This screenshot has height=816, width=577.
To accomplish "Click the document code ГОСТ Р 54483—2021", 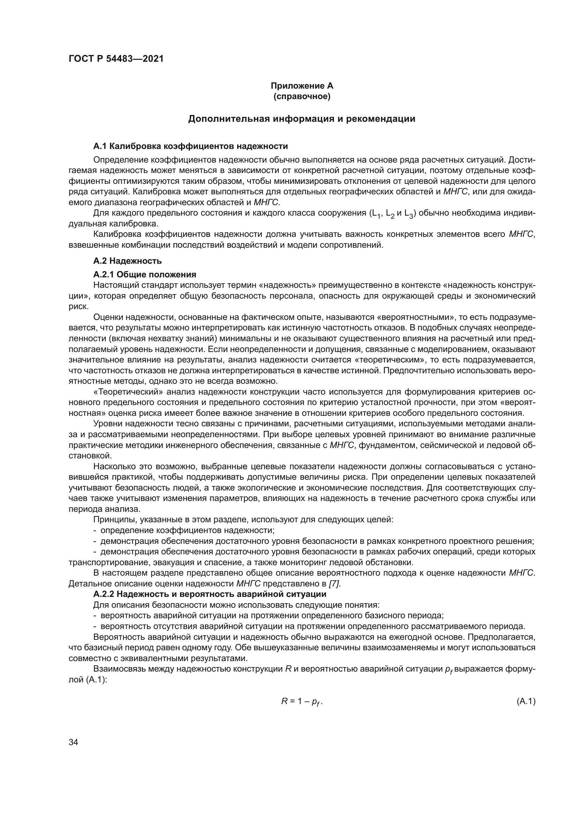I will point(116,59).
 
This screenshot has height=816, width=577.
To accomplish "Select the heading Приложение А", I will point(302,86).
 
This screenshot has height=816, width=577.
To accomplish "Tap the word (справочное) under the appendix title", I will point(302,96).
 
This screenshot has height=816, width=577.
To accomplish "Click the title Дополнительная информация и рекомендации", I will point(302,119).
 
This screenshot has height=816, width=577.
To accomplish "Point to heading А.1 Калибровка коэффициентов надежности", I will point(190,146).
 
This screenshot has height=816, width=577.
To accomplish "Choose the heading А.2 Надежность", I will point(127,261).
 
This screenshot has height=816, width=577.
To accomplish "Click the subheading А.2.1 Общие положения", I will point(145,274).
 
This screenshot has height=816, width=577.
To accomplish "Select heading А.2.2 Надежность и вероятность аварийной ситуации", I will point(210,594).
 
